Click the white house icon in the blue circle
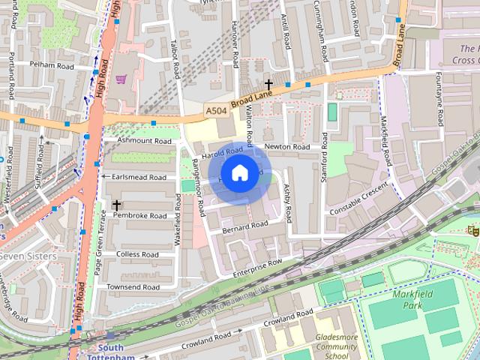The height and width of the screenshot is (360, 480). point(238,173)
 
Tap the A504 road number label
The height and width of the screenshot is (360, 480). point(215,110)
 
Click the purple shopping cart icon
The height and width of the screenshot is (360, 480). point(120,79)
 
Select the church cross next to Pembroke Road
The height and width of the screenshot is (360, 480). point(116,204)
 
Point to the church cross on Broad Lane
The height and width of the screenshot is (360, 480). point(268,85)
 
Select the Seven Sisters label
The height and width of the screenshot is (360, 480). point(28,256)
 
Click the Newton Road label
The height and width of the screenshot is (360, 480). point(286,147)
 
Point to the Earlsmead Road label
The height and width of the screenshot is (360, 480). point(139,178)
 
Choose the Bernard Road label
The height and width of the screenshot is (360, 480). point(244,225)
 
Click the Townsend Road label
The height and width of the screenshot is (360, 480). point(132,287)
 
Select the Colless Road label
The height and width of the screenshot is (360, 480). point(137,254)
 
